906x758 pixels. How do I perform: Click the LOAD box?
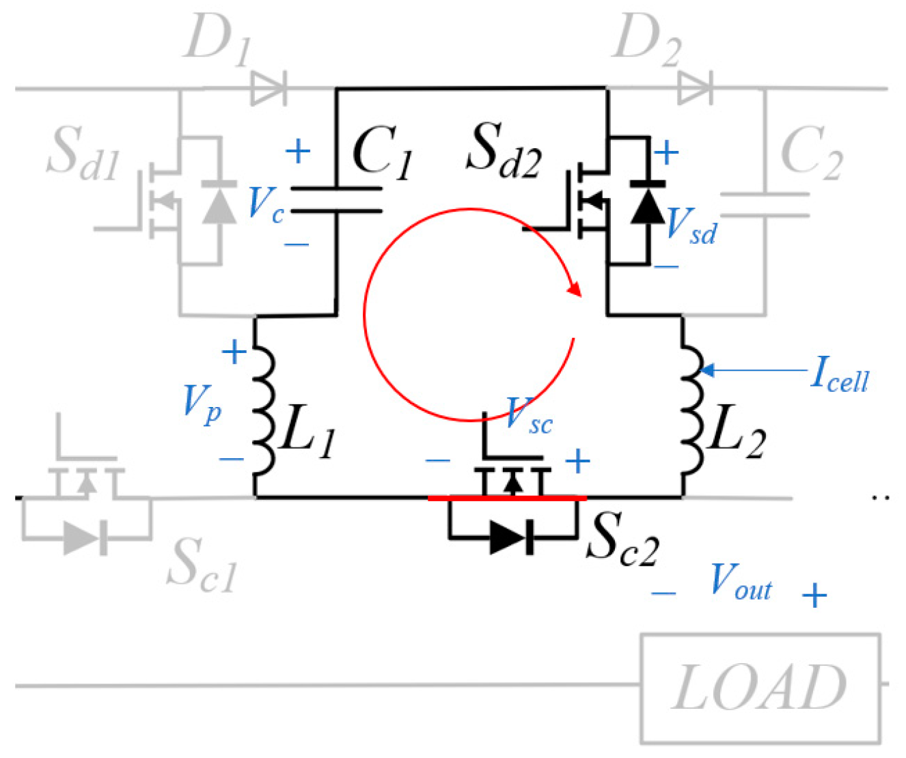point(760,688)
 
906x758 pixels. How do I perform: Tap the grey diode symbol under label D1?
point(268,89)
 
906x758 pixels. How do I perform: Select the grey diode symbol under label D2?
point(695,89)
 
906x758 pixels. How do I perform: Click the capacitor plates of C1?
point(336,199)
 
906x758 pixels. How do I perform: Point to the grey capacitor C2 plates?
point(765,205)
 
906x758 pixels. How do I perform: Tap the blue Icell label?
point(839,376)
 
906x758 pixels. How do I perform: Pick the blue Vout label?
point(741,582)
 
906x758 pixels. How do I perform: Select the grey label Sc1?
point(202,564)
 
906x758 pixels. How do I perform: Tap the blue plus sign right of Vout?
point(814,595)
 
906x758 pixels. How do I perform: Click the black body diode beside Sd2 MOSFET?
point(646,203)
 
